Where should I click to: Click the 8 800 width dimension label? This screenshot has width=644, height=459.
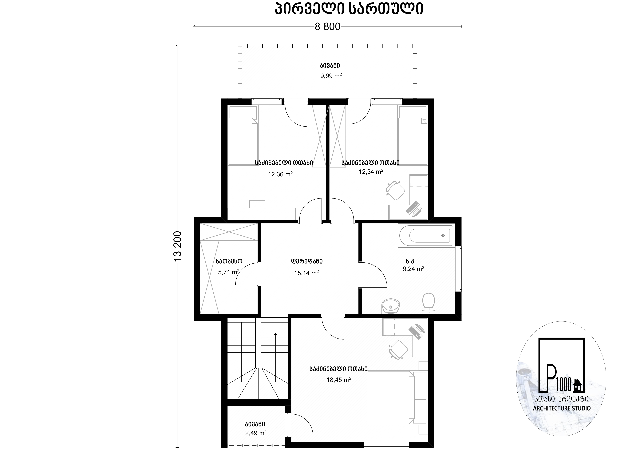pyautogui.click(x=327, y=27)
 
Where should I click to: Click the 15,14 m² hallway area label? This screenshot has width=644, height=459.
pyautogui.click(x=306, y=273)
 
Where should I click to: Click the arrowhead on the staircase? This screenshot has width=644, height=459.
pyautogui.click(x=275, y=334)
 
